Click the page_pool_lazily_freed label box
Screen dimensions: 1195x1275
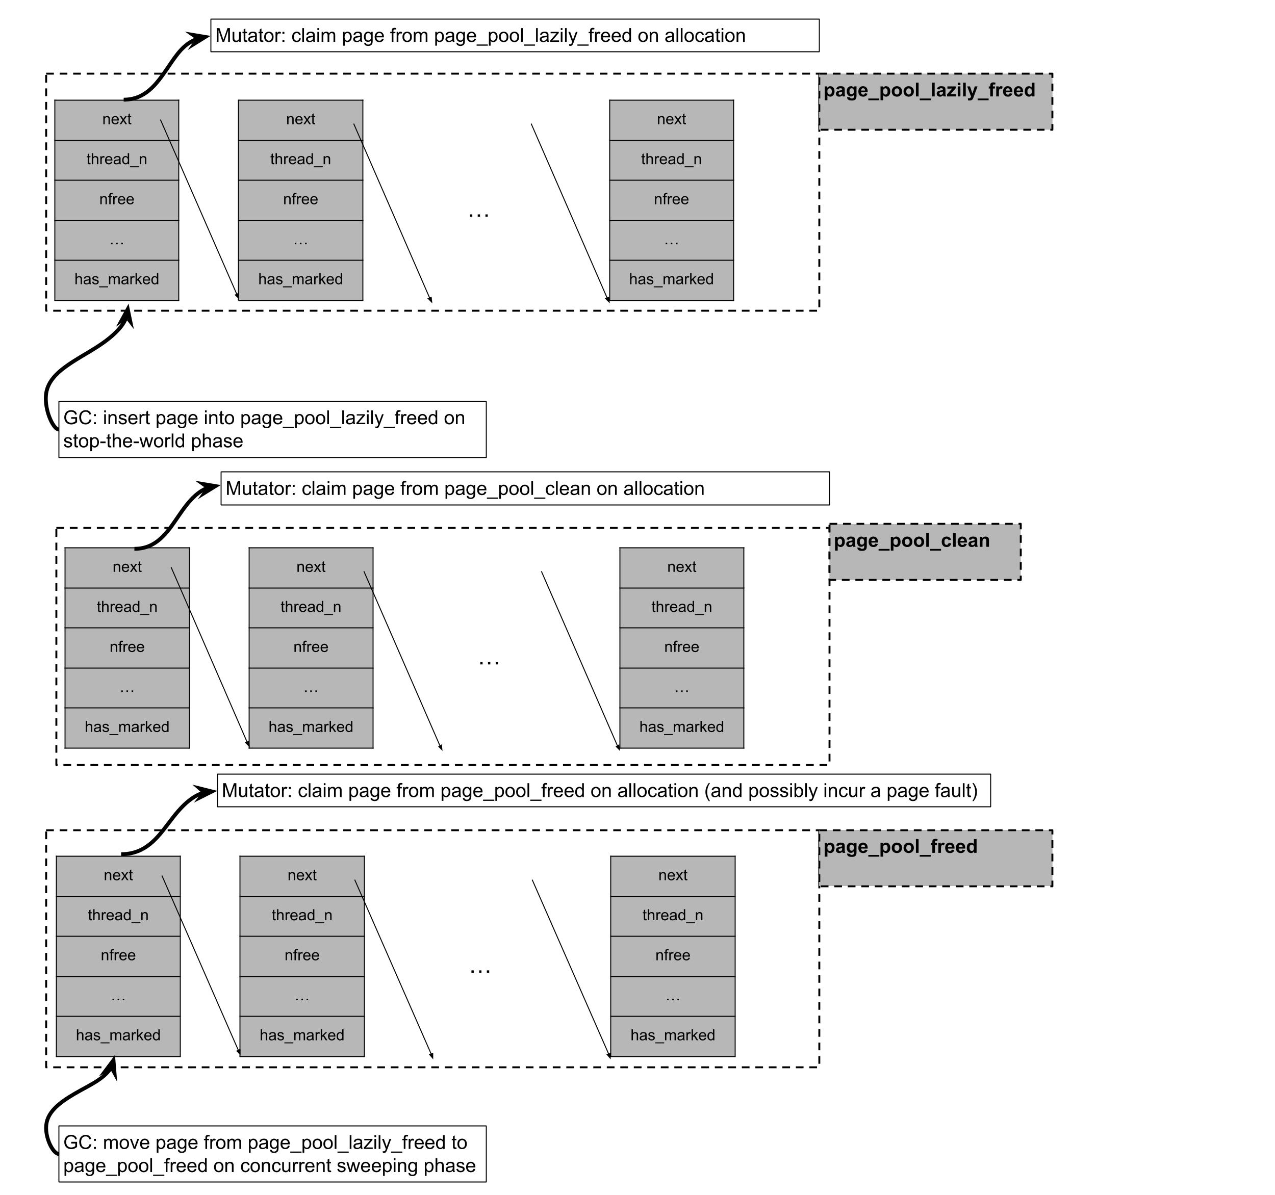[x=935, y=102]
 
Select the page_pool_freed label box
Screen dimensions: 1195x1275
[x=935, y=859]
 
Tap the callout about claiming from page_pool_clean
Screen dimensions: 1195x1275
[x=525, y=488]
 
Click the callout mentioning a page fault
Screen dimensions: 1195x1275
[x=603, y=791]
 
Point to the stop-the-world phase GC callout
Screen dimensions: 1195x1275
[x=272, y=430]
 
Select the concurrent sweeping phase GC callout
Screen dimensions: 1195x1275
[x=272, y=1154]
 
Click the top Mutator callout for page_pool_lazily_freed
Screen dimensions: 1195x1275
[x=515, y=35]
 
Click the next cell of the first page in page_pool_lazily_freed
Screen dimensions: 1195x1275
[x=117, y=119]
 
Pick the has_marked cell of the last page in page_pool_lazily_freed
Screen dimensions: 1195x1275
[x=671, y=279]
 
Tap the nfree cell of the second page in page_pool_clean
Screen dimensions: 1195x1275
[x=311, y=647]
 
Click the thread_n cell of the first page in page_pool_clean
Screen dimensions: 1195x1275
[x=127, y=607]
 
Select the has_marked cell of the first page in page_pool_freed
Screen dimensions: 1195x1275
[x=118, y=1035]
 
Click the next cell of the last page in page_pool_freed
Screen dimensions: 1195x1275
[x=672, y=875]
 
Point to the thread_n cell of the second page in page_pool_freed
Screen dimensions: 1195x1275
[x=301, y=916]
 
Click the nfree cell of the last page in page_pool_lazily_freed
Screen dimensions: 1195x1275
[x=671, y=199]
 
